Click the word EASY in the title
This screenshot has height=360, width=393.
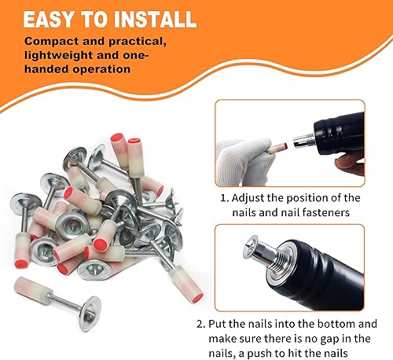(x=48, y=19)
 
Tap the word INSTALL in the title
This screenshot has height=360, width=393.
(x=156, y=19)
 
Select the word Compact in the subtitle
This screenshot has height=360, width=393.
(x=52, y=42)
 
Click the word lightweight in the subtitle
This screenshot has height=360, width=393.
(x=59, y=55)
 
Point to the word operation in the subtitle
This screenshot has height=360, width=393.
(x=101, y=69)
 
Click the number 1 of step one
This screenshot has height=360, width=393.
(x=223, y=198)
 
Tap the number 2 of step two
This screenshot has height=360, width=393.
(x=200, y=324)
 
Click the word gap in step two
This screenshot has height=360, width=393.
(x=332, y=340)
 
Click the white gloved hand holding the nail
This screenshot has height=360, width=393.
(x=241, y=161)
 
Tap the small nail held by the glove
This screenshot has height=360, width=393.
(x=277, y=148)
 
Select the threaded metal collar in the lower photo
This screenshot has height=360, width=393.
(x=277, y=262)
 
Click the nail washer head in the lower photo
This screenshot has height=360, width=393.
(x=250, y=246)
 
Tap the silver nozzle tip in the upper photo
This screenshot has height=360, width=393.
(x=303, y=141)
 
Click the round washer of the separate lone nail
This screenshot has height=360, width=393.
(x=90, y=314)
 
